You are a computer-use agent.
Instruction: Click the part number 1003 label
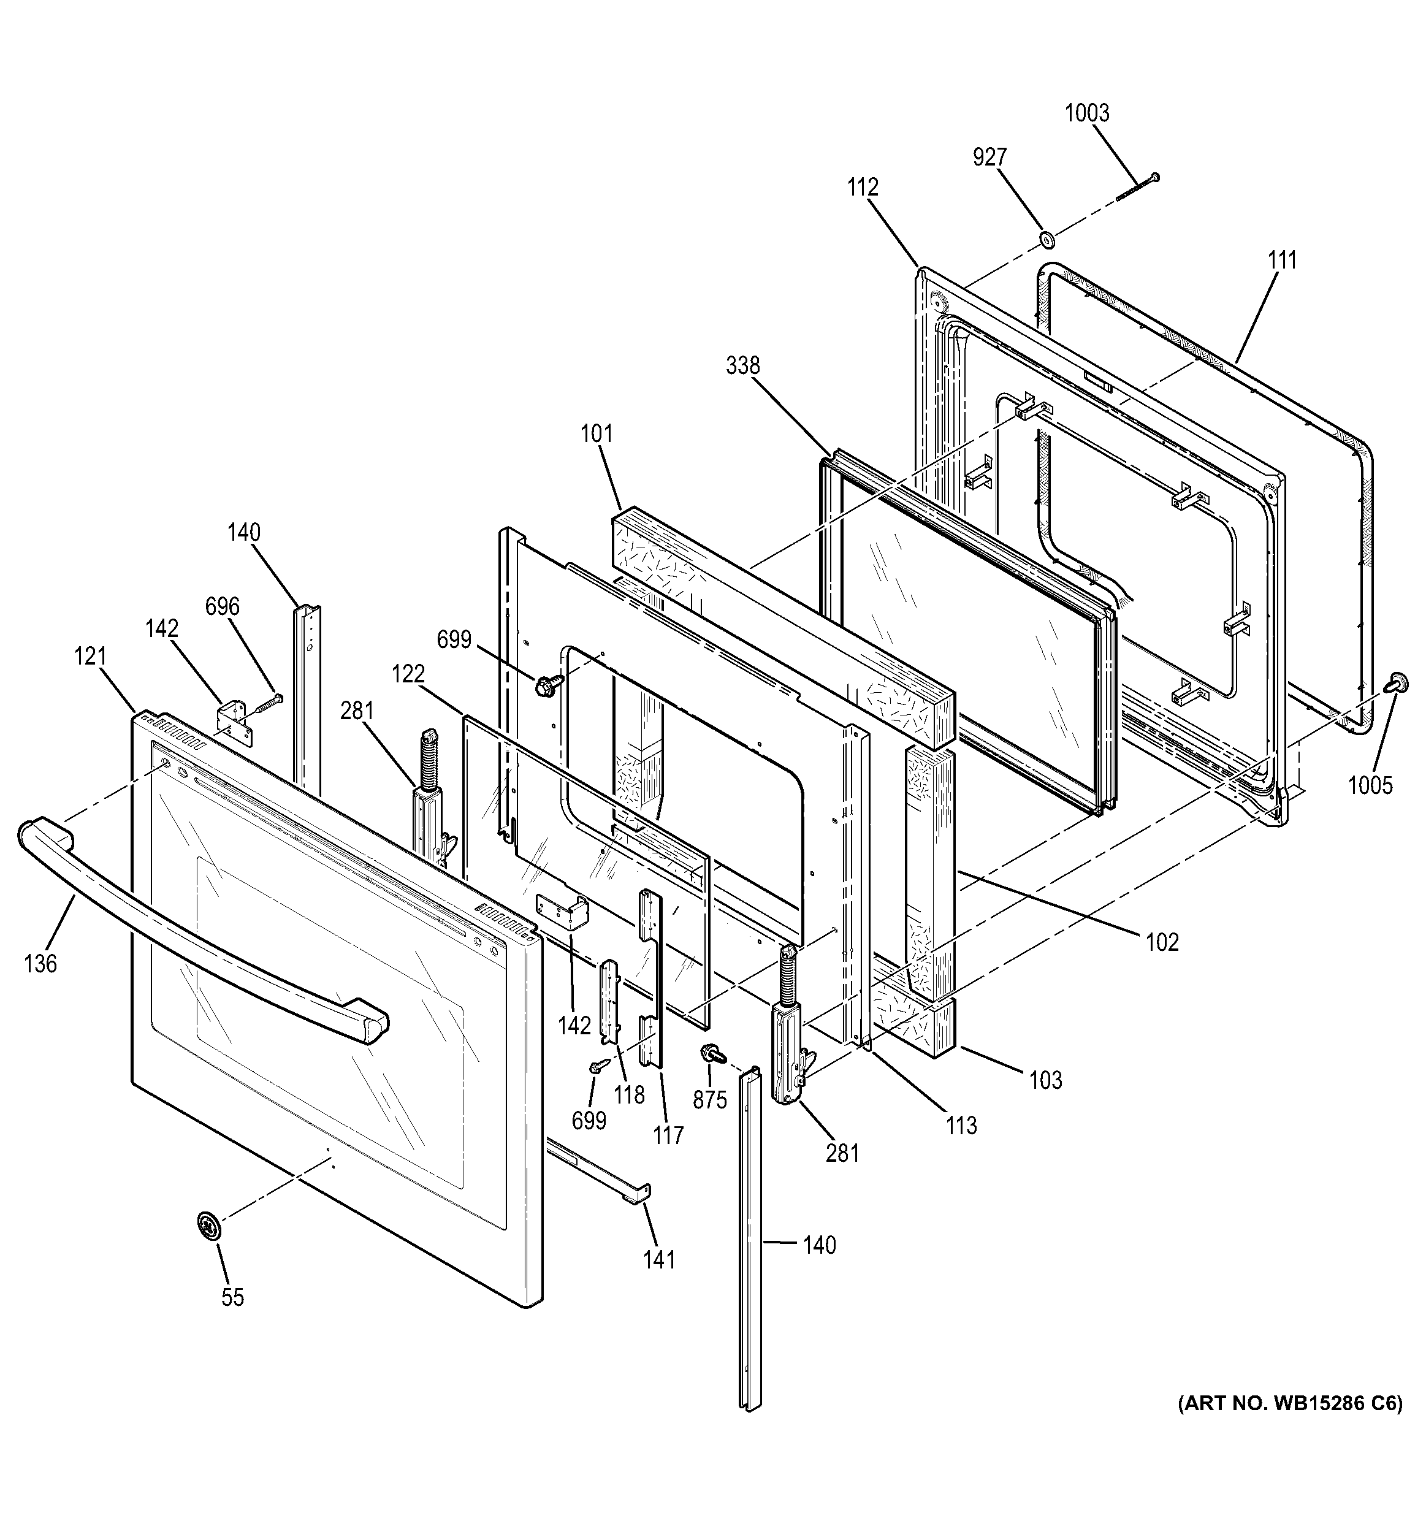tap(1086, 113)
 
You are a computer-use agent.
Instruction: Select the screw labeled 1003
tap(1137, 187)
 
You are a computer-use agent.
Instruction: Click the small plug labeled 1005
tap(1398, 682)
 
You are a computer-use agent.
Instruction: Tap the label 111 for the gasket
tap(1283, 261)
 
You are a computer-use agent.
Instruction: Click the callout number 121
tap(90, 656)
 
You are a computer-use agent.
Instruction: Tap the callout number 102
tap(1162, 942)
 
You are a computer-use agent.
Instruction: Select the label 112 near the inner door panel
tap(862, 187)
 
